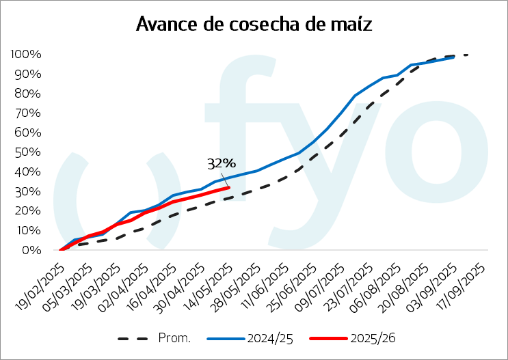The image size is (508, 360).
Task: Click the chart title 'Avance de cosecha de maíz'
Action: [254, 24]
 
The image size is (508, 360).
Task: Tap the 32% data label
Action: [222, 163]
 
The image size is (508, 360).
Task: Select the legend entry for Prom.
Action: [155, 338]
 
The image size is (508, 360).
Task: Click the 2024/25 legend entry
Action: [250, 338]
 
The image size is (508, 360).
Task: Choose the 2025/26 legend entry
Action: [353, 338]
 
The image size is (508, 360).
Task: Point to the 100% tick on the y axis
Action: [26, 54]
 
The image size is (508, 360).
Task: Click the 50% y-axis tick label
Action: [28, 152]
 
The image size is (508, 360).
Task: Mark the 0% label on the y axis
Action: [31, 250]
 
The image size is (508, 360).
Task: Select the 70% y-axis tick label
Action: [28, 113]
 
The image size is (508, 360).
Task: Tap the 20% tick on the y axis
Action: [28, 211]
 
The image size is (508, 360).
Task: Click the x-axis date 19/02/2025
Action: [40, 287]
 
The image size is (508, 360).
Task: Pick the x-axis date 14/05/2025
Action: [208, 287]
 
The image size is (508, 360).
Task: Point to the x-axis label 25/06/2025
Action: [292, 287]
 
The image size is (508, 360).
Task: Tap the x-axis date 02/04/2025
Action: [124, 287]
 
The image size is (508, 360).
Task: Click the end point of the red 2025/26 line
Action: [229, 187]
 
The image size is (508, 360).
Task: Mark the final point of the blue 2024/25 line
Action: [453, 57]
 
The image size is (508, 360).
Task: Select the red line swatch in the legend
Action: [328, 339]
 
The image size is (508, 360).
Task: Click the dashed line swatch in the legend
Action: [133, 339]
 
